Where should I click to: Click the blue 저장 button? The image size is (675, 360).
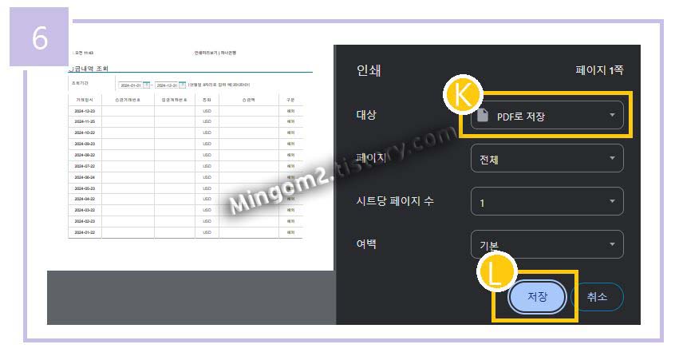tap(537, 297)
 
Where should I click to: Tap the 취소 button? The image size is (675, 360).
tap(597, 297)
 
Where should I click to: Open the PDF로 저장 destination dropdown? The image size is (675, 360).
tap(547, 116)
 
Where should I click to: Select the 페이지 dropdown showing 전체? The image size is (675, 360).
tap(547, 158)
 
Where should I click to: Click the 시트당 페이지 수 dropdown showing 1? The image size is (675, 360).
tap(547, 202)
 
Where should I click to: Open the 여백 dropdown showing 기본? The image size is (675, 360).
tap(547, 244)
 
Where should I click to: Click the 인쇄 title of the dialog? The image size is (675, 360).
tap(369, 70)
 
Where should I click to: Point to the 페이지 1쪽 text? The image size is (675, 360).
tap(599, 70)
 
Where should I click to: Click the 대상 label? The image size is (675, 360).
tap(366, 114)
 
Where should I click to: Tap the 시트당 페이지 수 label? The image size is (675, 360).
tap(395, 200)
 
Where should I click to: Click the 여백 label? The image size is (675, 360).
tap(366, 243)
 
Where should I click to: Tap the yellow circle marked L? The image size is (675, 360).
tap(495, 272)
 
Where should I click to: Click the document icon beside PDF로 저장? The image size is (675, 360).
tap(482, 116)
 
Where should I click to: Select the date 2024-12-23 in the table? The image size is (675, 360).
tap(85, 110)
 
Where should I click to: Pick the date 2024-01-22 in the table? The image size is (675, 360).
tap(85, 232)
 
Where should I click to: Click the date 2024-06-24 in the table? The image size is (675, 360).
tap(85, 177)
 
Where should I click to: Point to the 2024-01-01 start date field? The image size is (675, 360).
tap(130, 85)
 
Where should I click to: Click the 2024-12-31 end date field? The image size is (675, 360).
tap(166, 85)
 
